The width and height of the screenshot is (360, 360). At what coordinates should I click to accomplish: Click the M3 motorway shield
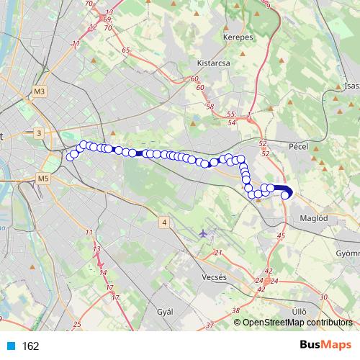click(x=39, y=91)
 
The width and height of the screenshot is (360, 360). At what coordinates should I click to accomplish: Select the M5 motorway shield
click(x=43, y=178)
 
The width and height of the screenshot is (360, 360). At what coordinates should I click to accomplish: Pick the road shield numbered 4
click(x=164, y=222)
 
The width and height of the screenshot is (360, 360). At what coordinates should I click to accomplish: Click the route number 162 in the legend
click(x=31, y=346)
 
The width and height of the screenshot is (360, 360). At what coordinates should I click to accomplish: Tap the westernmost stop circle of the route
click(x=71, y=157)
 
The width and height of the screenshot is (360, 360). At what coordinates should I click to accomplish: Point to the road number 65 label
click(x=126, y=50)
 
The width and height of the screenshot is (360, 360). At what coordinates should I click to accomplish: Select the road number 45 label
click(x=281, y=235)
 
